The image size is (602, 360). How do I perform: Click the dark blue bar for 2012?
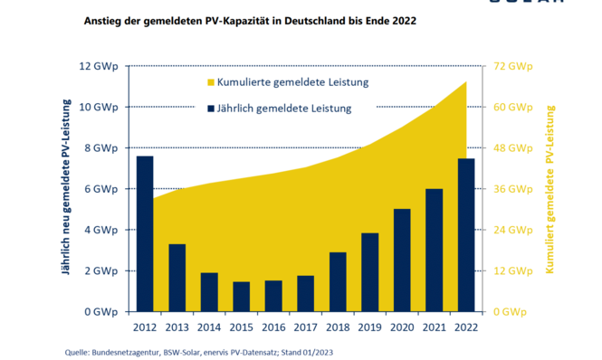145,233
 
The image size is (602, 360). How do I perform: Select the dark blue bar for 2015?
241,296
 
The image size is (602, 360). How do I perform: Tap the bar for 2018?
337,281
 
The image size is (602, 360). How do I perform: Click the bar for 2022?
465,234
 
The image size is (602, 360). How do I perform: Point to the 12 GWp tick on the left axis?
99,66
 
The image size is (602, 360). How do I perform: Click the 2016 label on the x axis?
272,327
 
